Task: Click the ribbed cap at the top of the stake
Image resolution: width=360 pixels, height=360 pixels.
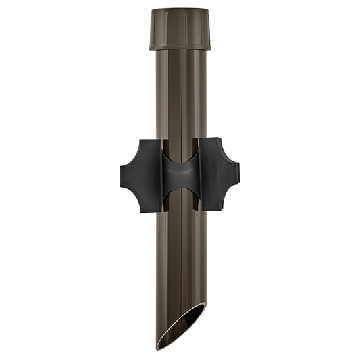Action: (180, 27)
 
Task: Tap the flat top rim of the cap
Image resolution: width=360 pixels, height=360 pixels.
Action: (180, 10)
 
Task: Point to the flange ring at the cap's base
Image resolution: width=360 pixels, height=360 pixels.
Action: (180, 47)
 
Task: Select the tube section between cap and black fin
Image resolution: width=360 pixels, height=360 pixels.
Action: (180, 95)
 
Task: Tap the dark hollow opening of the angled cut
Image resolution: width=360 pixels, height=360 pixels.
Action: (184, 323)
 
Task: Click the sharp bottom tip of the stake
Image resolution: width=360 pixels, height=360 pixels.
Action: (159, 346)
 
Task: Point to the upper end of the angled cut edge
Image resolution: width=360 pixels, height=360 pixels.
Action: (205, 305)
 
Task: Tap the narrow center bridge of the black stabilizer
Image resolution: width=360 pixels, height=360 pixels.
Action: (180, 175)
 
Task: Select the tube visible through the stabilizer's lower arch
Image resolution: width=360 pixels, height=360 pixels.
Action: (180, 201)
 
